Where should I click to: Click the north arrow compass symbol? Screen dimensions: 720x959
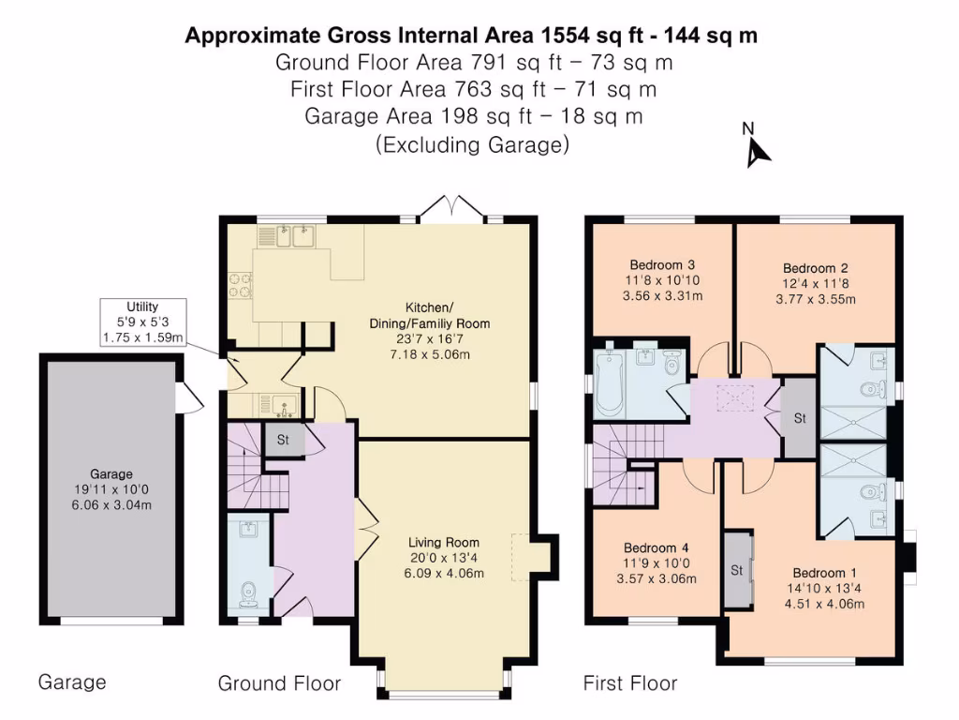pyautogui.click(x=757, y=148)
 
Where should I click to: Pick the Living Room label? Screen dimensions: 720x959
pyautogui.click(x=443, y=542)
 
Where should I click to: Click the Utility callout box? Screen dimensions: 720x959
pyautogui.click(x=142, y=322)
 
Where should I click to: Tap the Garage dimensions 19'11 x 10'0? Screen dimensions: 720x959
pyautogui.click(x=111, y=489)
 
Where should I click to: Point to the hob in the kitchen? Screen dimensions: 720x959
pyautogui.click(x=239, y=284)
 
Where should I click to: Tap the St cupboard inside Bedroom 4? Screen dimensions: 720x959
pyautogui.click(x=738, y=569)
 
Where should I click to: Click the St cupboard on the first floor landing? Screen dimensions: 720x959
pyautogui.click(x=799, y=418)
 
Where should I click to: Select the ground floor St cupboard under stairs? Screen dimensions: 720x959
pyautogui.click(x=282, y=439)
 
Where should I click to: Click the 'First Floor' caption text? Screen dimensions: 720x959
pyautogui.click(x=629, y=683)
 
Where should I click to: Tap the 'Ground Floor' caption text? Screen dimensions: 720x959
pyautogui.click(x=279, y=683)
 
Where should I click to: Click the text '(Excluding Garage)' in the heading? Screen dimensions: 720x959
pyautogui.click(x=472, y=145)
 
